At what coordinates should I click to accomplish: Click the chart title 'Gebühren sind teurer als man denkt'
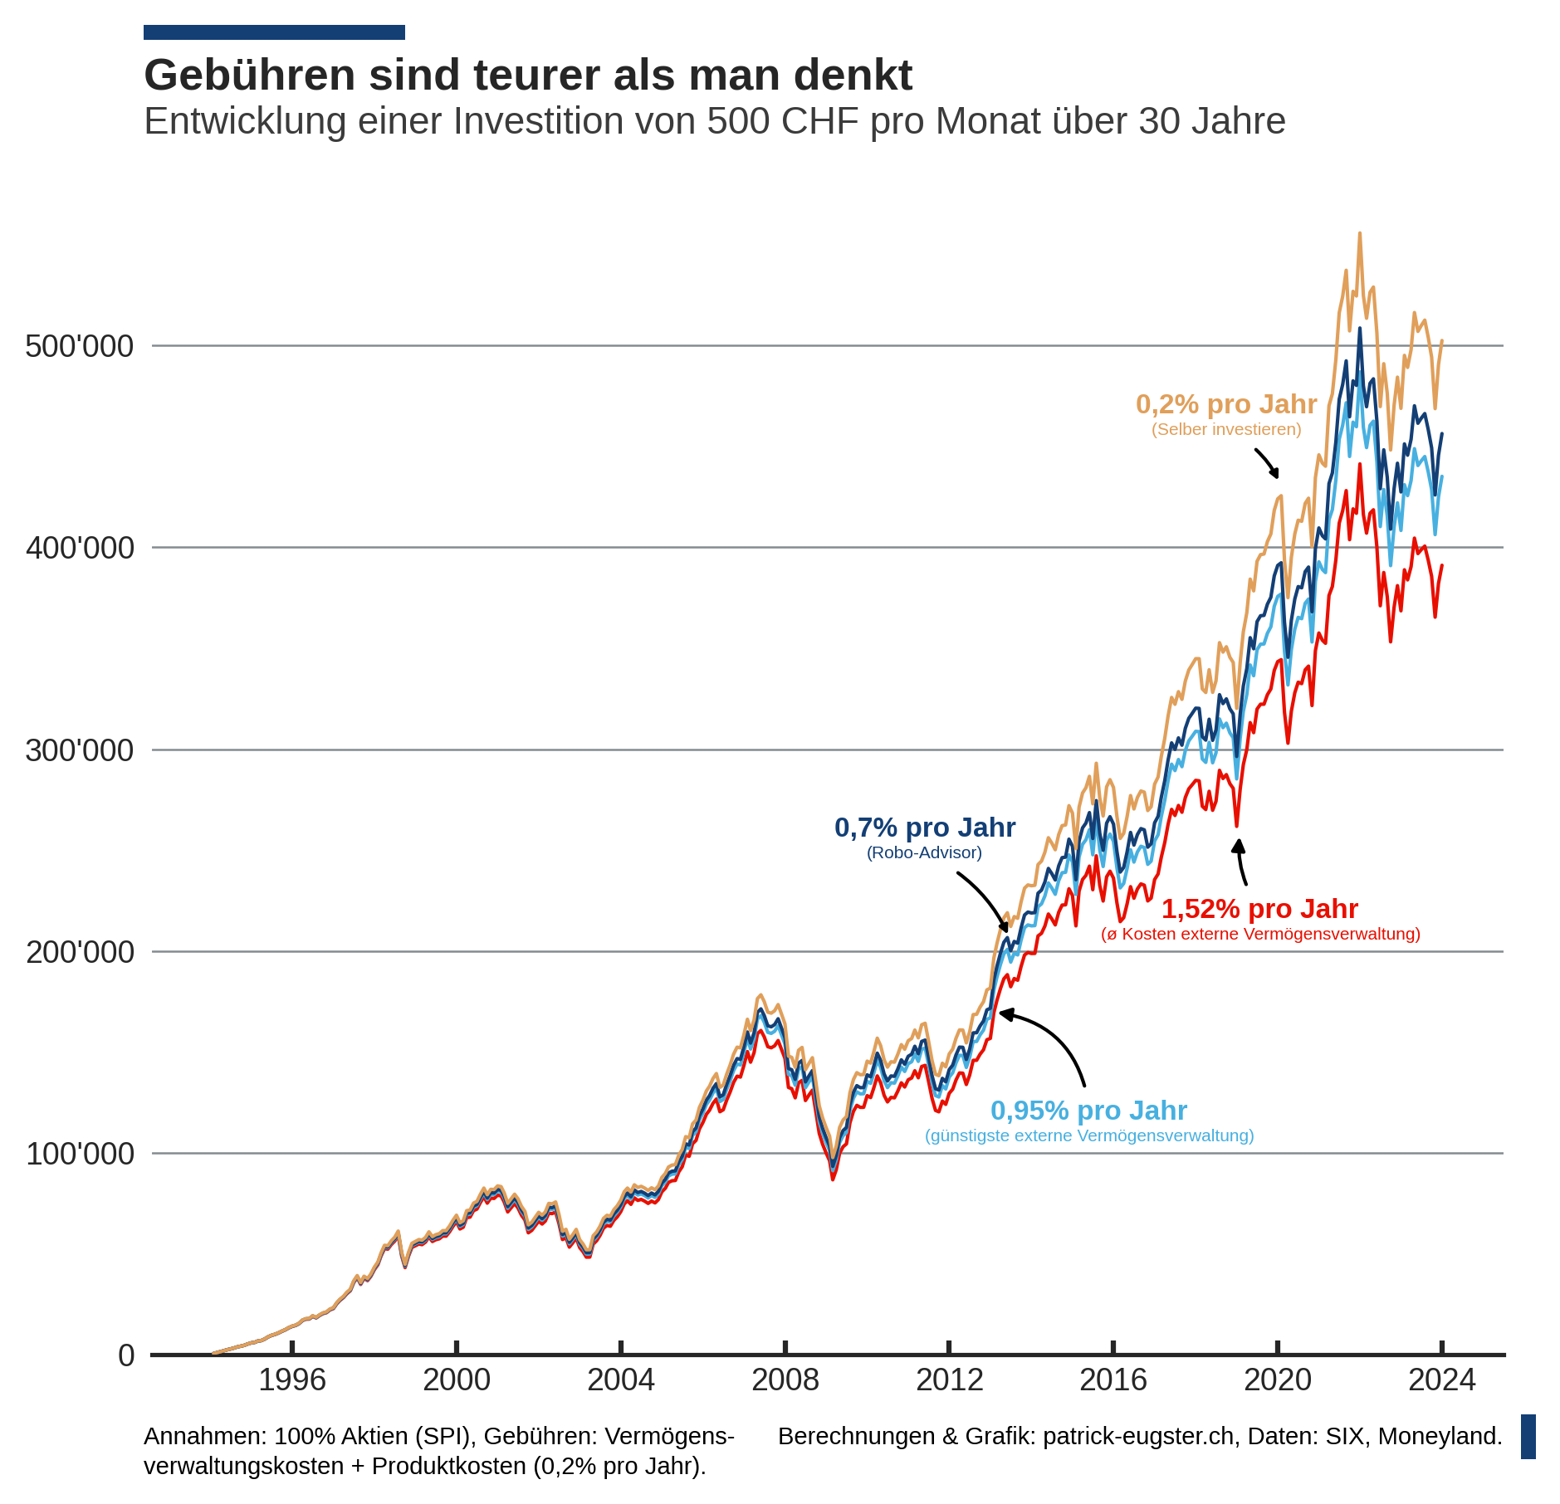point(528,76)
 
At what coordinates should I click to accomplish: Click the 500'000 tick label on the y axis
point(80,346)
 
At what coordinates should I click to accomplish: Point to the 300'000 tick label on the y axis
point(80,750)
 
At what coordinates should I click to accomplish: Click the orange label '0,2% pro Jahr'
point(1225,404)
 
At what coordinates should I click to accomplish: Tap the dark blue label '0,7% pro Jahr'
point(924,828)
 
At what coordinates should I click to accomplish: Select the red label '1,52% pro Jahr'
point(1259,909)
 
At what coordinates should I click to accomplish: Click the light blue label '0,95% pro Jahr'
point(1088,1111)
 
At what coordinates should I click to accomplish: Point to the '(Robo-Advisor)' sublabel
point(924,852)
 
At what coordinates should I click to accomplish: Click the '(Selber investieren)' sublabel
point(1225,429)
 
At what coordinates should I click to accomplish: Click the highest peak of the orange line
point(1359,234)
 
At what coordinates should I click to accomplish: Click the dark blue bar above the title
point(274,32)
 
